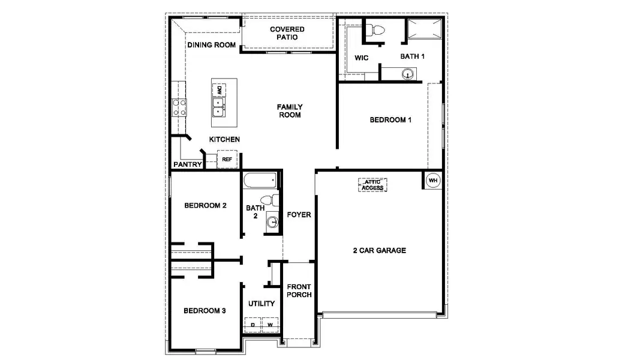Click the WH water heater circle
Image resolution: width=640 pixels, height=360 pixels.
(x=432, y=180)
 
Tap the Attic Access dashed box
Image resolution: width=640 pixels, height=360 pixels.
(x=372, y=185)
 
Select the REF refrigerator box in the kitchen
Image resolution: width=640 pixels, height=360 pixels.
(x=227, y=159)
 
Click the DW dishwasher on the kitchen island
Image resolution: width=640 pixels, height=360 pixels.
(x=219, y=90)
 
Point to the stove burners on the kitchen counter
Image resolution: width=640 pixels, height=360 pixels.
(x=179, y=107)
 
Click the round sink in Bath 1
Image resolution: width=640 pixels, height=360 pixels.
(x=408, y=74)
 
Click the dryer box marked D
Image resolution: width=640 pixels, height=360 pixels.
(x=253, y=325)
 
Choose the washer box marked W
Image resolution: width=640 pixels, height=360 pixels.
(x=270, y=325)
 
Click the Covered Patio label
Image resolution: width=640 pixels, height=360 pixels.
(x=287, y=34)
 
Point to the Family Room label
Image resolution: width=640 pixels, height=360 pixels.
(x=289, y=111)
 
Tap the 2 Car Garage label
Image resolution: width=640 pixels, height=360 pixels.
(x=379, y=250)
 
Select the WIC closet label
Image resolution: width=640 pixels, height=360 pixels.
(x=361, y=58)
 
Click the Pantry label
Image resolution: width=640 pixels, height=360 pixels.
(x=187, y=164)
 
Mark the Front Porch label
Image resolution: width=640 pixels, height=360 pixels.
(x=299, y=290)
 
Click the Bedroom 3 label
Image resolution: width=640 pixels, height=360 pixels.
(x=205, y=311)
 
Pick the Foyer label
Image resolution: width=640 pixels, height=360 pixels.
(x=299, y=214)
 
